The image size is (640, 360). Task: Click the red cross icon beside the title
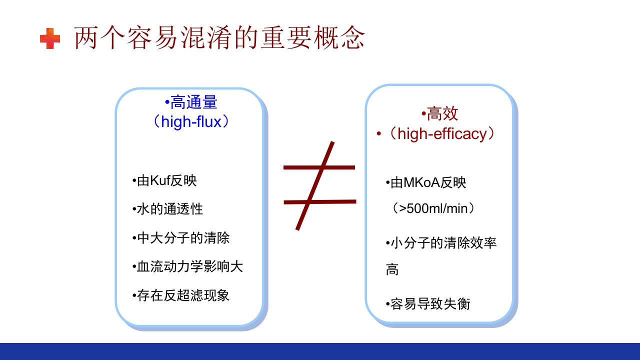[x=50, y=38]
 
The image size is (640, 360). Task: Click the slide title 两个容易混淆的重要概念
[x=219, y=38]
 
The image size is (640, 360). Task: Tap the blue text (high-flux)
[x=191, y=121]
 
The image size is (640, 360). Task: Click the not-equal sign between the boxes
[x=319, y=185]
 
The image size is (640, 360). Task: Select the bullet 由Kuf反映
[x=165, y=180]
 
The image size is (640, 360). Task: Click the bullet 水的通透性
[x=168, y=209]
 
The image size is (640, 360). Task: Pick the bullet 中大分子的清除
[x=181, y=237]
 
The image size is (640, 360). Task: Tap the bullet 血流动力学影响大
[x=188, y=266]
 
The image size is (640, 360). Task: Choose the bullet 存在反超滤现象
[x=181, y=295]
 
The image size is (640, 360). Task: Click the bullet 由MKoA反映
[x=426, y=183]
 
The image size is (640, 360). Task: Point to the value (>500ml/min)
[x=433, y=208]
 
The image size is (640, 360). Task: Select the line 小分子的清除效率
[x=442, y=243]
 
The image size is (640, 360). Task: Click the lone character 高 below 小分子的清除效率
[x=392, y=270]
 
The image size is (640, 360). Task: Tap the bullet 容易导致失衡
[x=428, y=303]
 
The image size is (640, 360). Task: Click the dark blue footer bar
[x=320, y=351]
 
